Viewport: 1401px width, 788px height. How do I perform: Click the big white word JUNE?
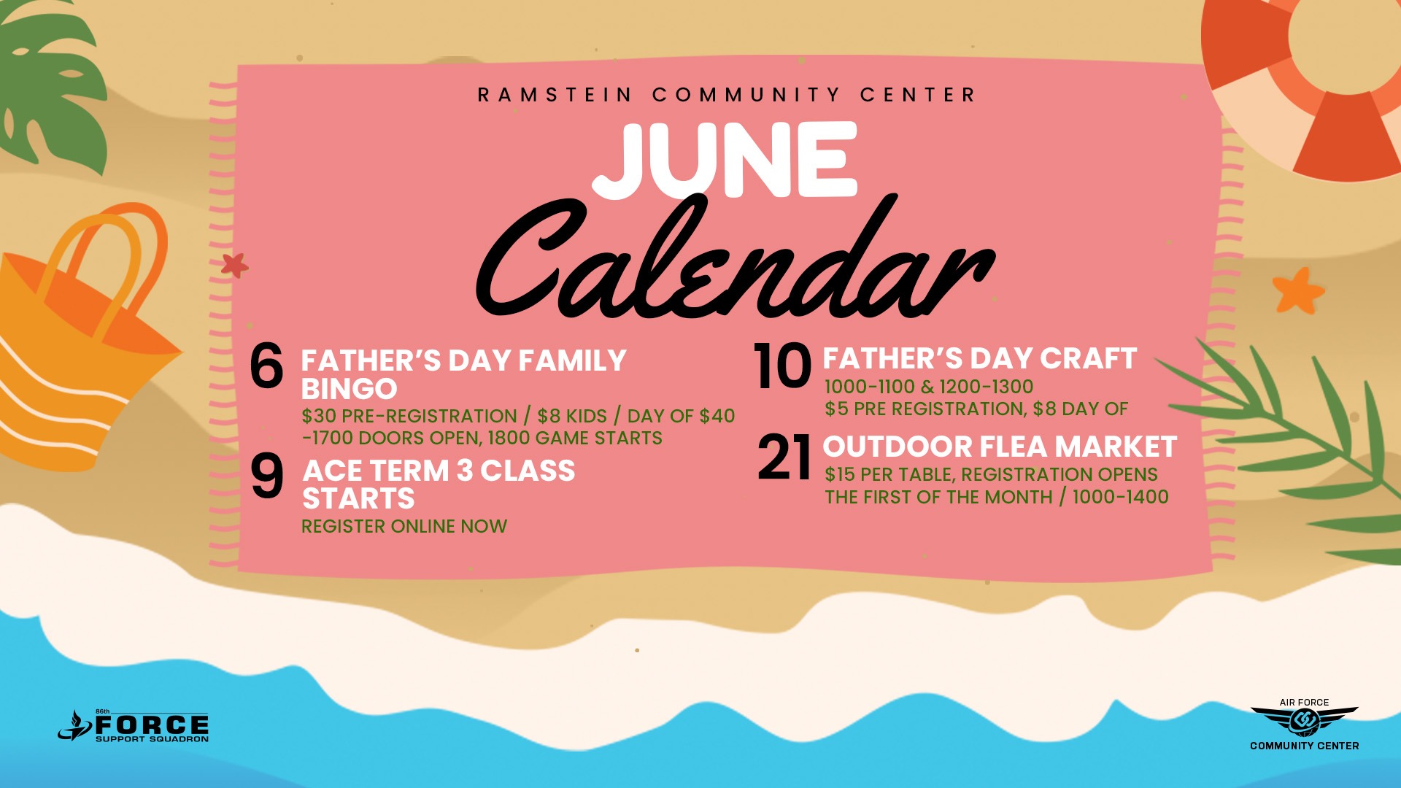[x=724, y=161]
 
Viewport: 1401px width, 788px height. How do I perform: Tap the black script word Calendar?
[x=733, y=259]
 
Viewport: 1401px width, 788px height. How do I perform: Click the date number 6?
[x=266, y=366]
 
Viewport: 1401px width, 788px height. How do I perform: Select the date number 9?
[x=267, y=476]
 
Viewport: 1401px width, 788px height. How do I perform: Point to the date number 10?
[x=782, y=366]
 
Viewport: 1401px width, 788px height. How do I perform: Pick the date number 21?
[x=784, y=458]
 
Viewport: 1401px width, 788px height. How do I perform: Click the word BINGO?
[x=349, y=389]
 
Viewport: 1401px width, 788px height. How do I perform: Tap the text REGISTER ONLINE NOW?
[x=404, y=526]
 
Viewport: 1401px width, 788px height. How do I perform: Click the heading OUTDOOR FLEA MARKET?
[x=1000, y=447]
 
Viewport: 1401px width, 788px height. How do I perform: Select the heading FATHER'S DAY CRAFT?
[x=980, y=358]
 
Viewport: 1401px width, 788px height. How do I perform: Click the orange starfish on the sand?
[x=1298, y=290]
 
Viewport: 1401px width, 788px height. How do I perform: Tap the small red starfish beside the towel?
[x=234, y=265]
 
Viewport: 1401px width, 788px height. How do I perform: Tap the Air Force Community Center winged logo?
[x=1305, y=723]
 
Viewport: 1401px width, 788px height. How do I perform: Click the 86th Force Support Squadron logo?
[x=134, y=726]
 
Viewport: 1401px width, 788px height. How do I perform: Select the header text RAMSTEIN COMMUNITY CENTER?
[x=726, y=95]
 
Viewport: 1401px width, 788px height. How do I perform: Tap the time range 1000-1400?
[x=1121, y=497]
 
